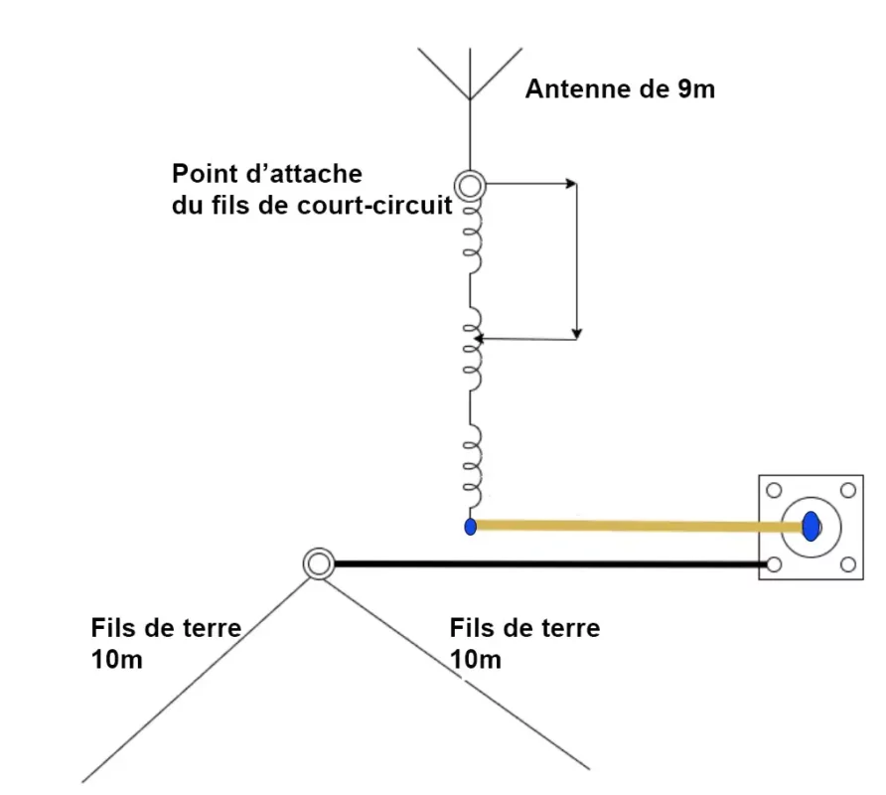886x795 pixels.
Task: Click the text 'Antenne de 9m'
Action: tap(620, 89)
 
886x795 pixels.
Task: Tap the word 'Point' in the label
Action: tap(204, 174)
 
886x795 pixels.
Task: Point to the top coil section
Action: tap(473, 238)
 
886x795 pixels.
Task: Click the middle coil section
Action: tap(473, 350)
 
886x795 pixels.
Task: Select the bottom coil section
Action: tap(473, 466)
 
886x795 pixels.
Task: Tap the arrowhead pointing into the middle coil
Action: tap(479, 339)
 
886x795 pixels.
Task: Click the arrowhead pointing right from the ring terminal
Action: tap(572, 184)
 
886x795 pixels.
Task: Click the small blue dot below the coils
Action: tap(470, 527)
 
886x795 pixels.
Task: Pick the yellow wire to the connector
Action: tap(639, 527)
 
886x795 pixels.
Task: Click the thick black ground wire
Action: tap(551, 563)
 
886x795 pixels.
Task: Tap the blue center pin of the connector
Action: tap(811, 527)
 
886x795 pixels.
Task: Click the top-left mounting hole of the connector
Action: tap(774, 490)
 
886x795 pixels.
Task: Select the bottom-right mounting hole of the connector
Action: tap(847, 564)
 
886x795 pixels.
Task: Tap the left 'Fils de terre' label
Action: tap(166, 628)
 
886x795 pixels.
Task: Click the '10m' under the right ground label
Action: tap(475, 660)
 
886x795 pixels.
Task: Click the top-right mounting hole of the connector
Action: tap(847, 490)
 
